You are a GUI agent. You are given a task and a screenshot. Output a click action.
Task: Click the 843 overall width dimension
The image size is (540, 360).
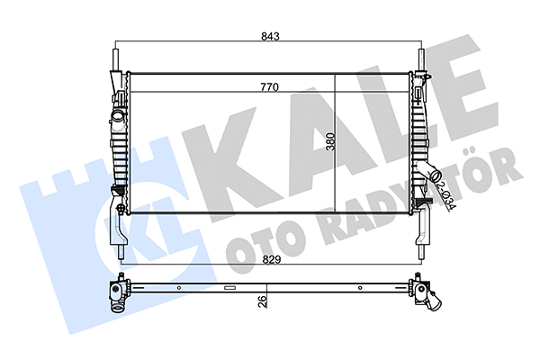[x=270, y=36]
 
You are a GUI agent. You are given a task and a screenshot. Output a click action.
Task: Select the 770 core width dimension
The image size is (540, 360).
[x=269, y=87]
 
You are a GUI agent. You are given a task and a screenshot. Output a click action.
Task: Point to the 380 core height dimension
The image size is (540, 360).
[x=331, y=141]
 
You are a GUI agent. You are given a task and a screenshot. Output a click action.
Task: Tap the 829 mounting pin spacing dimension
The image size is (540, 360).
[x=272, y=259]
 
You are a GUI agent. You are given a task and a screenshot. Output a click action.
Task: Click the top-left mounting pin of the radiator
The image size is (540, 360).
[x=116, y=60]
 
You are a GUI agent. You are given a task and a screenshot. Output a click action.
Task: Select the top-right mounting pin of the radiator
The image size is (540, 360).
[x=421, y=60]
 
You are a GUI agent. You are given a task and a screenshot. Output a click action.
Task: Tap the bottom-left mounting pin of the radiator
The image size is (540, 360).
[x=121, y=252]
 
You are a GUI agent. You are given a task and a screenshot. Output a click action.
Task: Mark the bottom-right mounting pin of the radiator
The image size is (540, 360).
[x=421, y=252]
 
